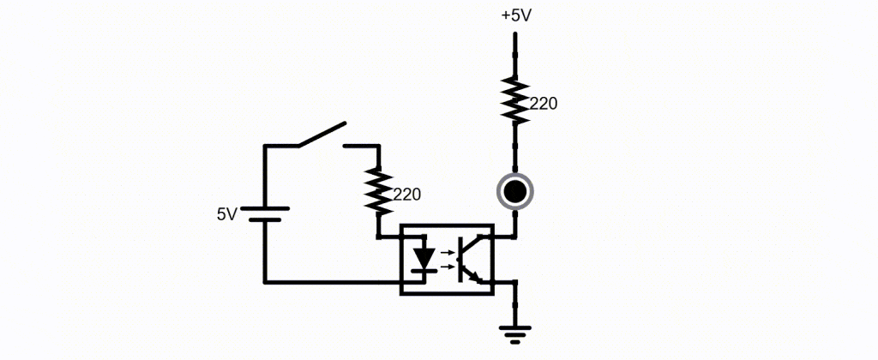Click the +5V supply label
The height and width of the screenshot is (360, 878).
(515, 15)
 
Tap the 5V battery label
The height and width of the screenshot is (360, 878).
(227, 214)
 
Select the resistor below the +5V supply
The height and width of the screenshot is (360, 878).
(514, 100)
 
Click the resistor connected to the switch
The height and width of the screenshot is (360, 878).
(379, 191)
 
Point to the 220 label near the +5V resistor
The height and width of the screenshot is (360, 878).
(543, 104)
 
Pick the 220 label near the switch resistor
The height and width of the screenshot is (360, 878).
(407, 195)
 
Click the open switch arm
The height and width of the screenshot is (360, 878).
(322, 135)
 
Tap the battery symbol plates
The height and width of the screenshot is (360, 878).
(265, 214)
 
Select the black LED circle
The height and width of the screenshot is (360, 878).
(514, 191)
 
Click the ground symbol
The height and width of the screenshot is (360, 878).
(515, 333)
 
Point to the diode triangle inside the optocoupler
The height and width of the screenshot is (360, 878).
(425, 256)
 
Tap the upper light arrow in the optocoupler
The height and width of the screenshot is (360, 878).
(447, 253)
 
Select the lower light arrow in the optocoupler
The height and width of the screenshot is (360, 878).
(447, 267)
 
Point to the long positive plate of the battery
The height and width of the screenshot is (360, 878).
(265, 208)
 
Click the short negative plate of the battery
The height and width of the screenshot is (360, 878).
(265, 219)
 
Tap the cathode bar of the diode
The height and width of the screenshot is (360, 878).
(425, 270)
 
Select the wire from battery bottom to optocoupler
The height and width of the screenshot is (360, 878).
(332, 282)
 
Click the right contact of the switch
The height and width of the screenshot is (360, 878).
(360, 146)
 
